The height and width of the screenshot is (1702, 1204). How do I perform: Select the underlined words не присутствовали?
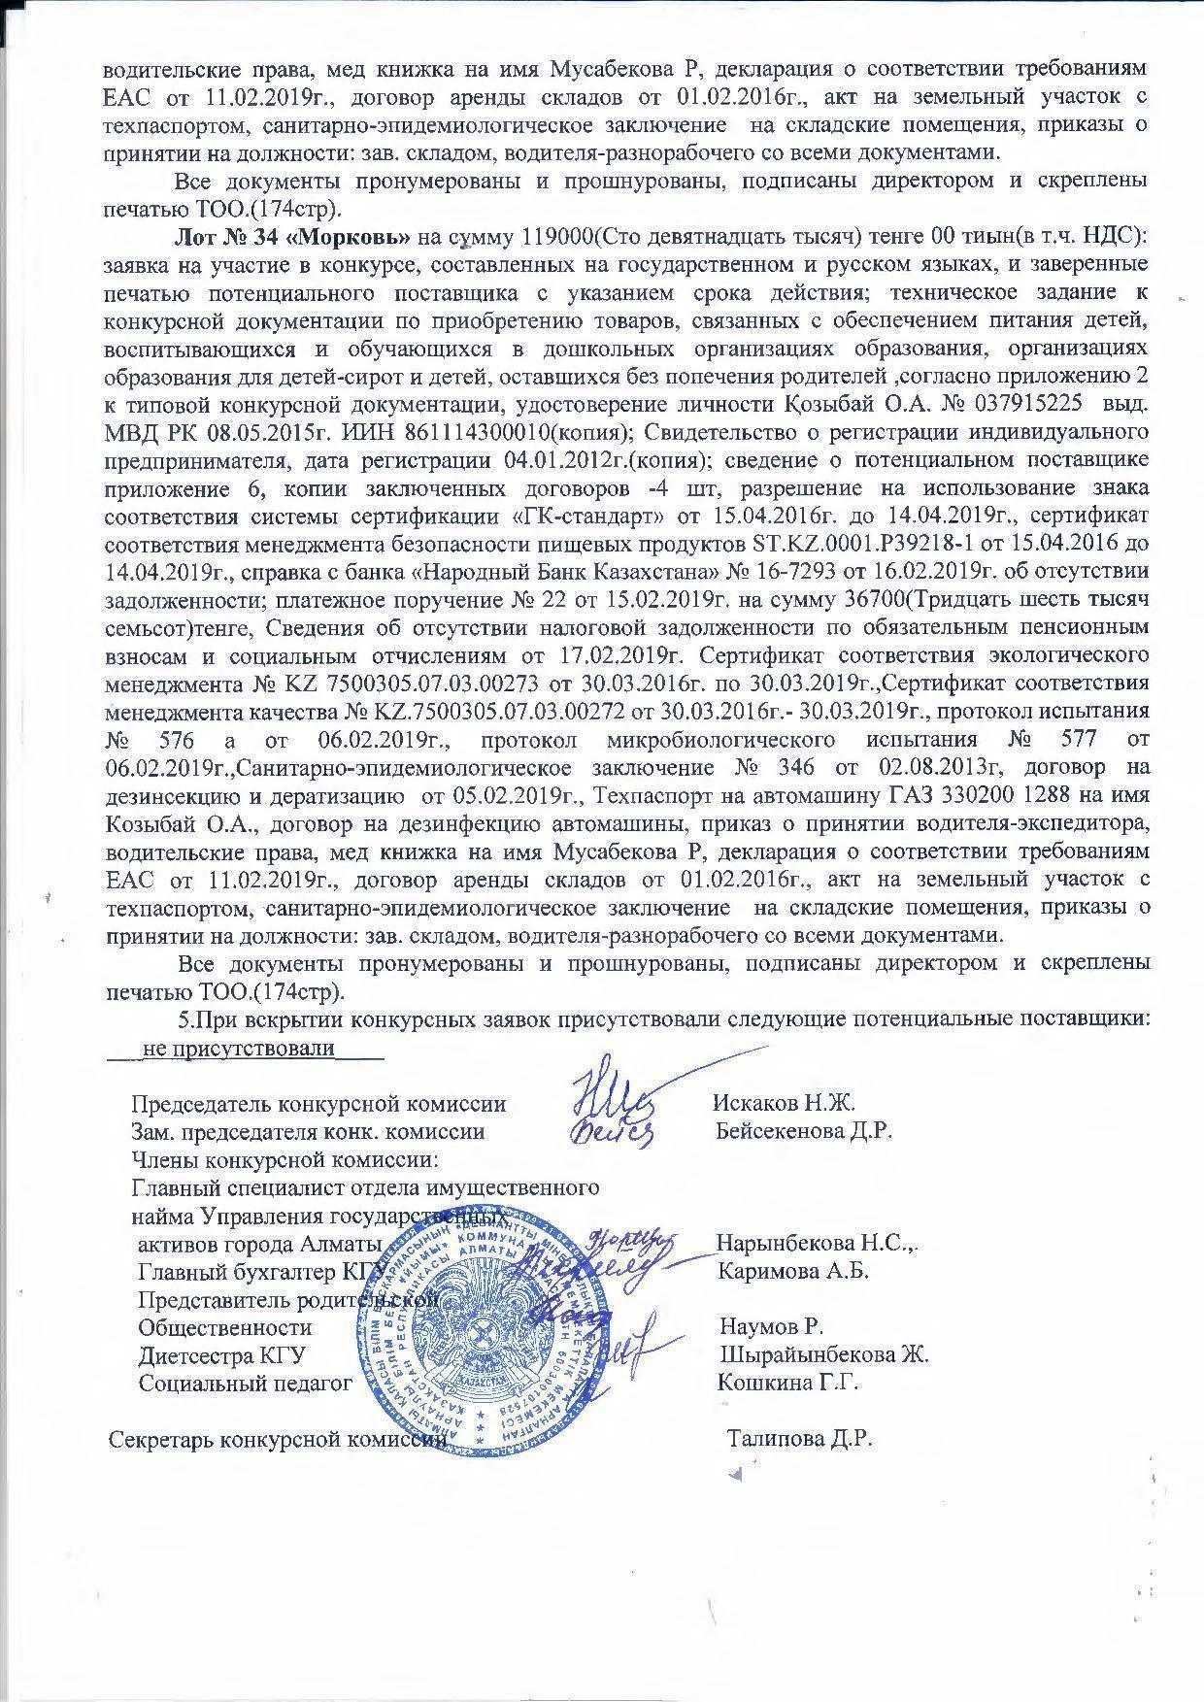click(238, 1049)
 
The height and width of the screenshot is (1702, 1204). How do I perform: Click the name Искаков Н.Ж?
click(783, 1103)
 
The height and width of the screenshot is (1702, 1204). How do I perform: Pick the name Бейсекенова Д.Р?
click(804, 1130)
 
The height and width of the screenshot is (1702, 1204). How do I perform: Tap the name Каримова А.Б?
click(791, 1271)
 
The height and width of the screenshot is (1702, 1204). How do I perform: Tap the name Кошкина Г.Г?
click(787, 1382)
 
